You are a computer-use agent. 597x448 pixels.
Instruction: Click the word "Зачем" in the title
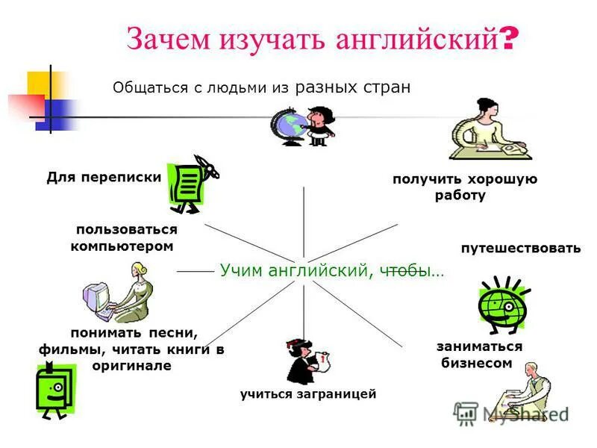[x=167, y=39]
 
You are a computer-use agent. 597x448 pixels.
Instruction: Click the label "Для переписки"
[x=104, y=177]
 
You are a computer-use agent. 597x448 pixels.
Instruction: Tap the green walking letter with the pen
[x=190, y=183]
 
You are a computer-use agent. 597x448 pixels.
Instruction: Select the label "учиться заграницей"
[x=308, y=393]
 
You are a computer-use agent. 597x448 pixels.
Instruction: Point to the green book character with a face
[x=56, y=387]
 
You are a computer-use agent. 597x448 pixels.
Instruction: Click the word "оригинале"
[x=132, y=366]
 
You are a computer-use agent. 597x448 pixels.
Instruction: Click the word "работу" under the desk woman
[x=460, y=196]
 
